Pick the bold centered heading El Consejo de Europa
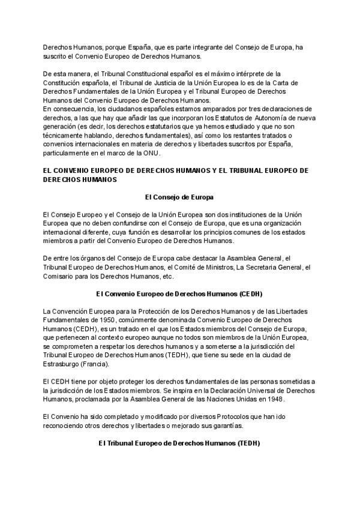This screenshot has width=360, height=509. (180, 196)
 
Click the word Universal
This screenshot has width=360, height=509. (244, 390)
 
